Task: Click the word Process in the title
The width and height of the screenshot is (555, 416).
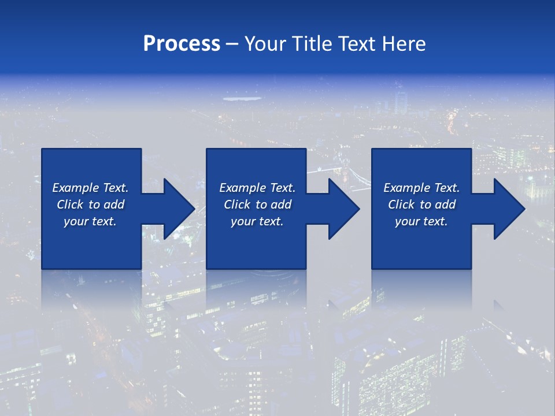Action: point(182,44)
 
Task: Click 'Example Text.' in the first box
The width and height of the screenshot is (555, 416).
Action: point(90,188)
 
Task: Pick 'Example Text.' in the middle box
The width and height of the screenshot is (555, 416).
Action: point(257,188)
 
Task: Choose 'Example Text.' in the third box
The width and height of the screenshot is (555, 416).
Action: point(421,188)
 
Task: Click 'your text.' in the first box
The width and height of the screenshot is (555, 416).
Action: point(90,221)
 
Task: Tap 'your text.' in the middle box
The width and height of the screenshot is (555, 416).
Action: point(257,221)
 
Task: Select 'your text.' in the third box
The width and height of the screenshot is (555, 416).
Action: point(421,221)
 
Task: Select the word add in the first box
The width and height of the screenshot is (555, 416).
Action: point(113,205)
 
